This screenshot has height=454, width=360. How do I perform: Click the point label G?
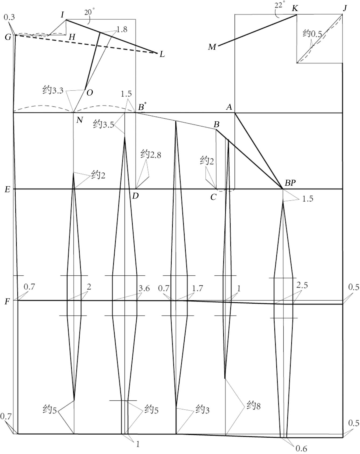click(8, 37)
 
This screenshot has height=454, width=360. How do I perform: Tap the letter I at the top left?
click(62, 15)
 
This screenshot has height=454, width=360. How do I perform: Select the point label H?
click(72, 37)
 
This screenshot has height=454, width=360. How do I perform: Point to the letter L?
click(162, 55)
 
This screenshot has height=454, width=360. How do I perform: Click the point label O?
click(90, 93)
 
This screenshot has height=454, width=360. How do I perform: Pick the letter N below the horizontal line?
click(79, 120)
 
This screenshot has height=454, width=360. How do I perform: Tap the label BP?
click(290, 183)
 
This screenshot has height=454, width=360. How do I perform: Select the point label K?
click(295, 9)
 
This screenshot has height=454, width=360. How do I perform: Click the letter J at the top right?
click(345, 8)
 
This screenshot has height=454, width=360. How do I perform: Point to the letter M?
click(212, 47)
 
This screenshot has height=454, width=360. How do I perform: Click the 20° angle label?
click(90, 12)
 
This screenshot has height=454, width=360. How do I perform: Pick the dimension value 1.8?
click(122, 30)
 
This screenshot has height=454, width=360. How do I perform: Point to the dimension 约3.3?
click(53, 90)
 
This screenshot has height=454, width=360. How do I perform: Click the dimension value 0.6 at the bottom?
click(301, 448)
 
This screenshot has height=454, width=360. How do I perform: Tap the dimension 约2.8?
click(151, 154)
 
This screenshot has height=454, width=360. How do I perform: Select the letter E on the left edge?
click(8, 190)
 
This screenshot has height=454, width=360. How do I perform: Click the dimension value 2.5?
click(302, 285)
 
